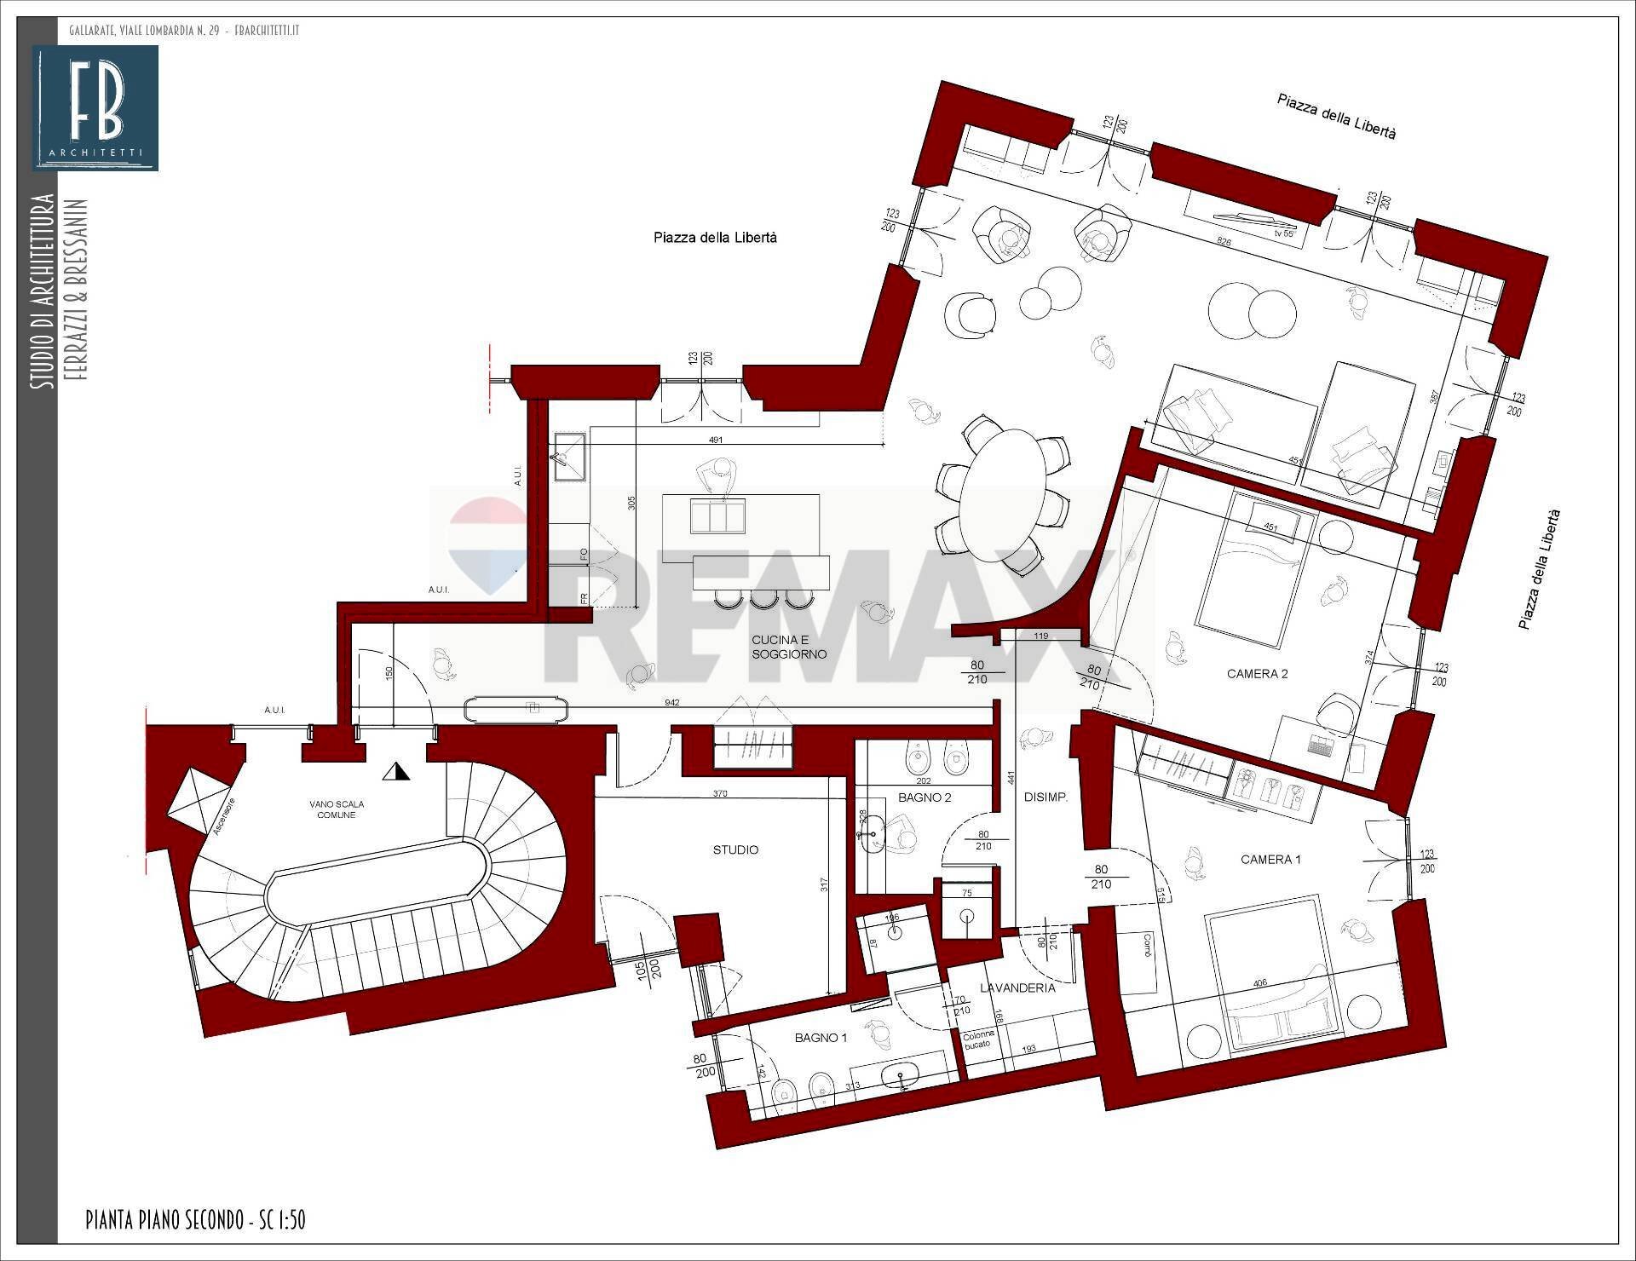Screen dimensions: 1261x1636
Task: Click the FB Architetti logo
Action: tap(95, 107)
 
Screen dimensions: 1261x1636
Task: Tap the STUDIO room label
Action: tap(735, 849)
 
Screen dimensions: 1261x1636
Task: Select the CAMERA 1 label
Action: tap(1270, 860)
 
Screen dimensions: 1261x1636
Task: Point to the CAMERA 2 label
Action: tap(1257, 674)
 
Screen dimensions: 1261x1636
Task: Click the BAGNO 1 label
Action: tap(821, 1038)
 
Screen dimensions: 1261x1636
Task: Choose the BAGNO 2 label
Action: tap(925, 797)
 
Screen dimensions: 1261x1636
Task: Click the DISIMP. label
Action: tap(1046, 797)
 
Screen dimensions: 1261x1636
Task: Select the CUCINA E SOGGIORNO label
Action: tap(788, 647)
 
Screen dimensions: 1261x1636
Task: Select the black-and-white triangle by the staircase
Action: tap(397, 772)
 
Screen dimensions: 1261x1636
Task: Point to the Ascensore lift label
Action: tap(219, 816)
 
